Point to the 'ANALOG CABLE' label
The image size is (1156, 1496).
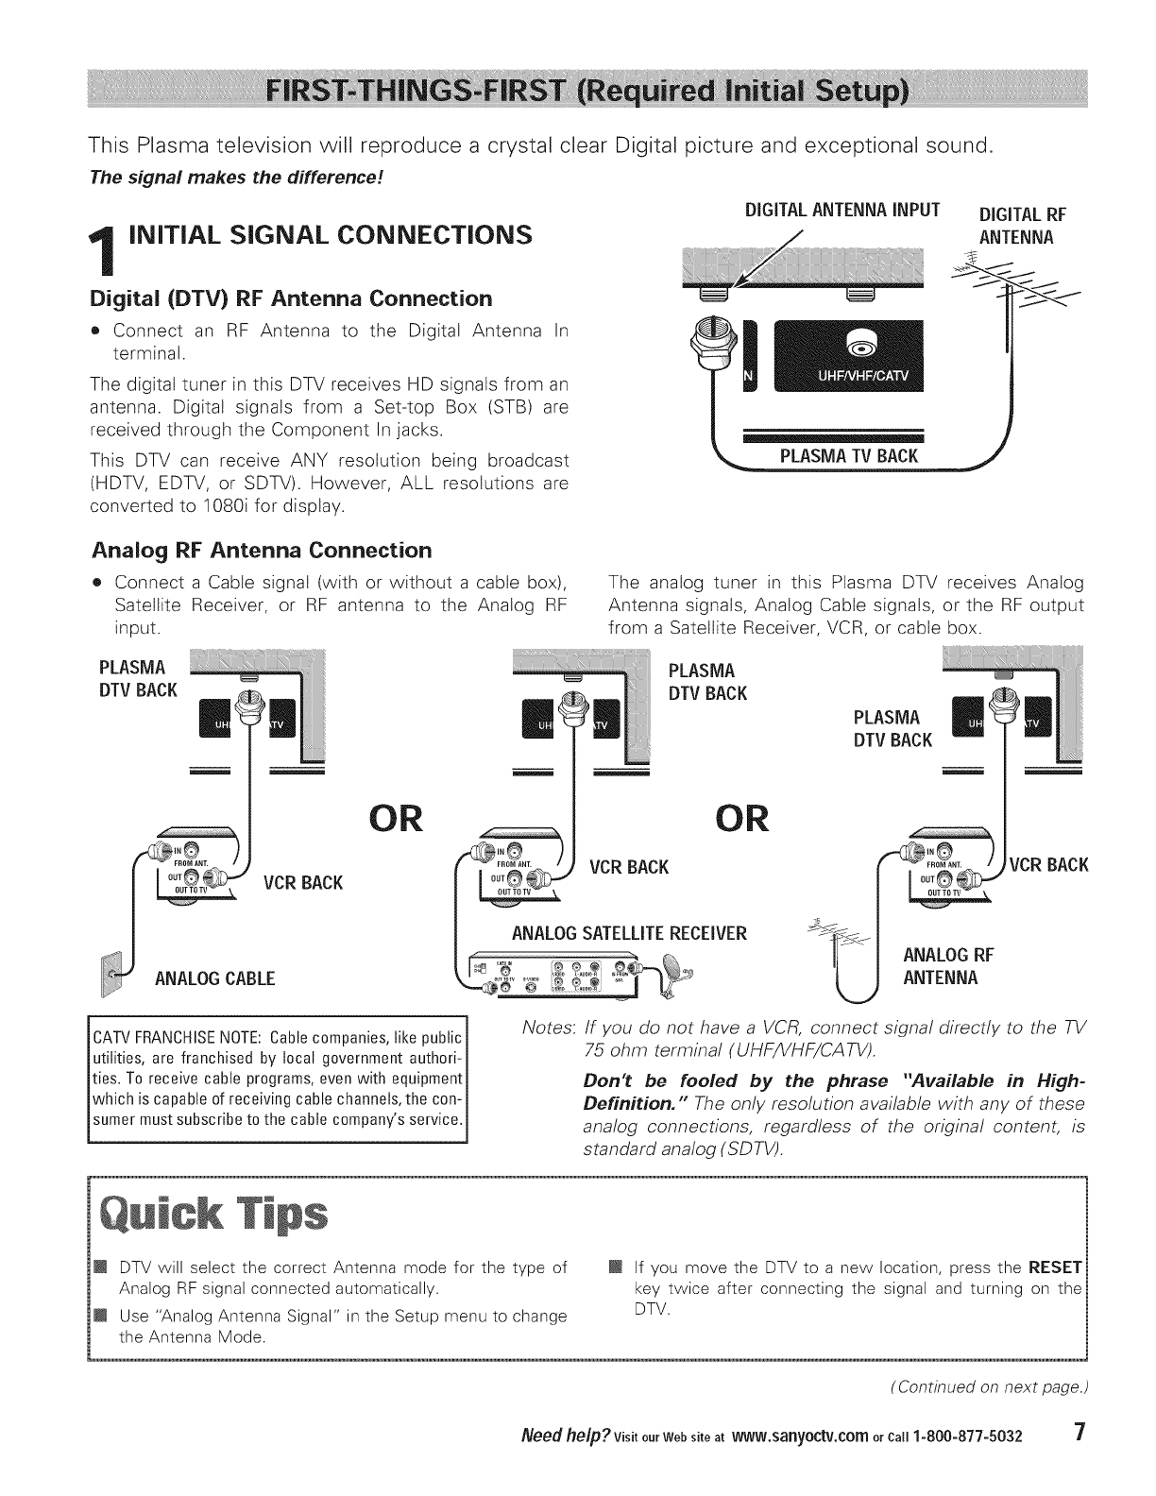click(x=215, y=977)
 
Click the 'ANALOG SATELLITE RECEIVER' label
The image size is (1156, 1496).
click(x=629, y=934)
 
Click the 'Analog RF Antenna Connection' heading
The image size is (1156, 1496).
click(x=262, y=550)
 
